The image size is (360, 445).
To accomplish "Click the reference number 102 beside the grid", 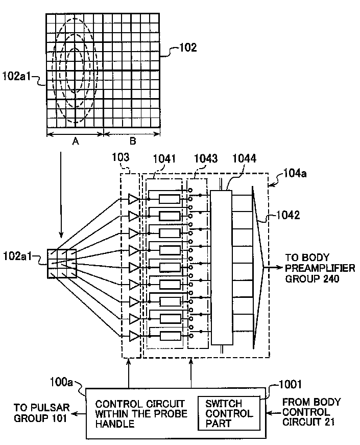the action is click(x=188, y=47).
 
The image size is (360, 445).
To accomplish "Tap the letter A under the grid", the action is click(x=76, y=141).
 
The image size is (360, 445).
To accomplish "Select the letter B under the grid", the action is click(x=133, y=141).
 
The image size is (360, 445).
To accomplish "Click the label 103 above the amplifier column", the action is click(x=121, y=157).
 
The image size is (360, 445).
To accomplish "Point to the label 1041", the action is click(x=164, y=159).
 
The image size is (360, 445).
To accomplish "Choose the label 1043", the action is click(x=206, y=159).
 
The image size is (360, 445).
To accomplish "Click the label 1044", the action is click(x=244, y=158).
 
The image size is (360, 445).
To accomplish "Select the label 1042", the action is click(x=288, y=215).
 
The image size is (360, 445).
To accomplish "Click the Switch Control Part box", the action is click(x=229, y=413).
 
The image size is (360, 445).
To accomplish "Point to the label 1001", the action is click(x=290, y=384).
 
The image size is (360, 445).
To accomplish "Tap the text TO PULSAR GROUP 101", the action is click(x=42, y=413).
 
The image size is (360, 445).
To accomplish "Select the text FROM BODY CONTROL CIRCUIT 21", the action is click(x=311, y=412).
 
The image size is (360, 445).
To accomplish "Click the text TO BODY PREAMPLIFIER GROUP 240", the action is click(x=320, y=268).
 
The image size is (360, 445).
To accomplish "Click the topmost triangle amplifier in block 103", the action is click(x=134, y=199).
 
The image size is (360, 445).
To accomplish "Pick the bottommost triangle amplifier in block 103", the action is click(x=134, y=336).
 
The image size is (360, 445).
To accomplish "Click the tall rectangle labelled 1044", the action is click(x=222, y=267).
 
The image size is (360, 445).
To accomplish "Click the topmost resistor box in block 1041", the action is click(x=170, y=199).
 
